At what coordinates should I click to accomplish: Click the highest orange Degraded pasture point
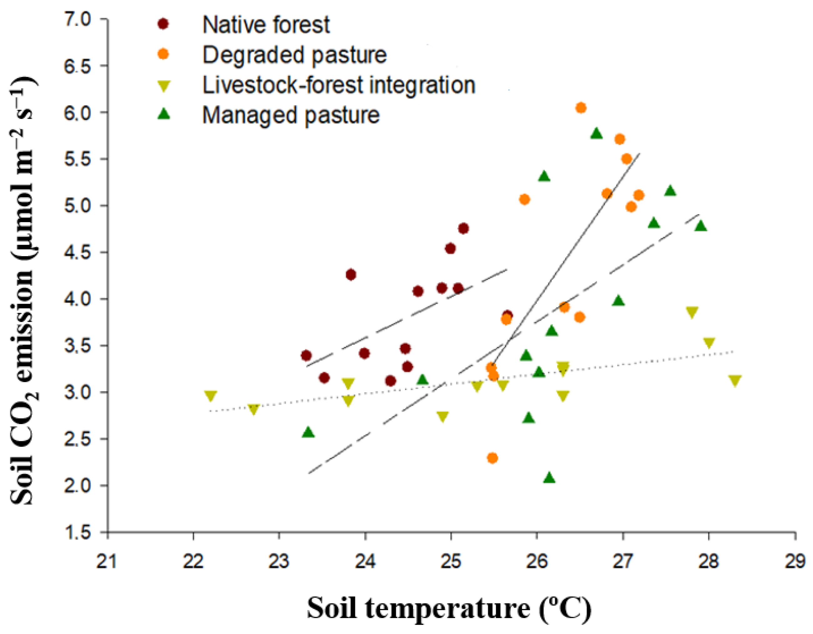click(x=581, y=108)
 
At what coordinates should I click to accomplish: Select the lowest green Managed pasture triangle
click(x=549, y=478)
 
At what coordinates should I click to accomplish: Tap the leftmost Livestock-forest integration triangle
click(x=210, y=396)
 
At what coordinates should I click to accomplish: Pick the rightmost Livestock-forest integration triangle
click(x=735, y=381)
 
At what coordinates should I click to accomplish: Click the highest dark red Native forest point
click(x=463, y=228)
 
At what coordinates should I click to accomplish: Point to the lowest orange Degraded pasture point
click(x=492, y=458)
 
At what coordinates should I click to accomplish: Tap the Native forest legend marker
click(x=163, y=24)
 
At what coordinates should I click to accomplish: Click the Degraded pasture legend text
click(x=294, y=55)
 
